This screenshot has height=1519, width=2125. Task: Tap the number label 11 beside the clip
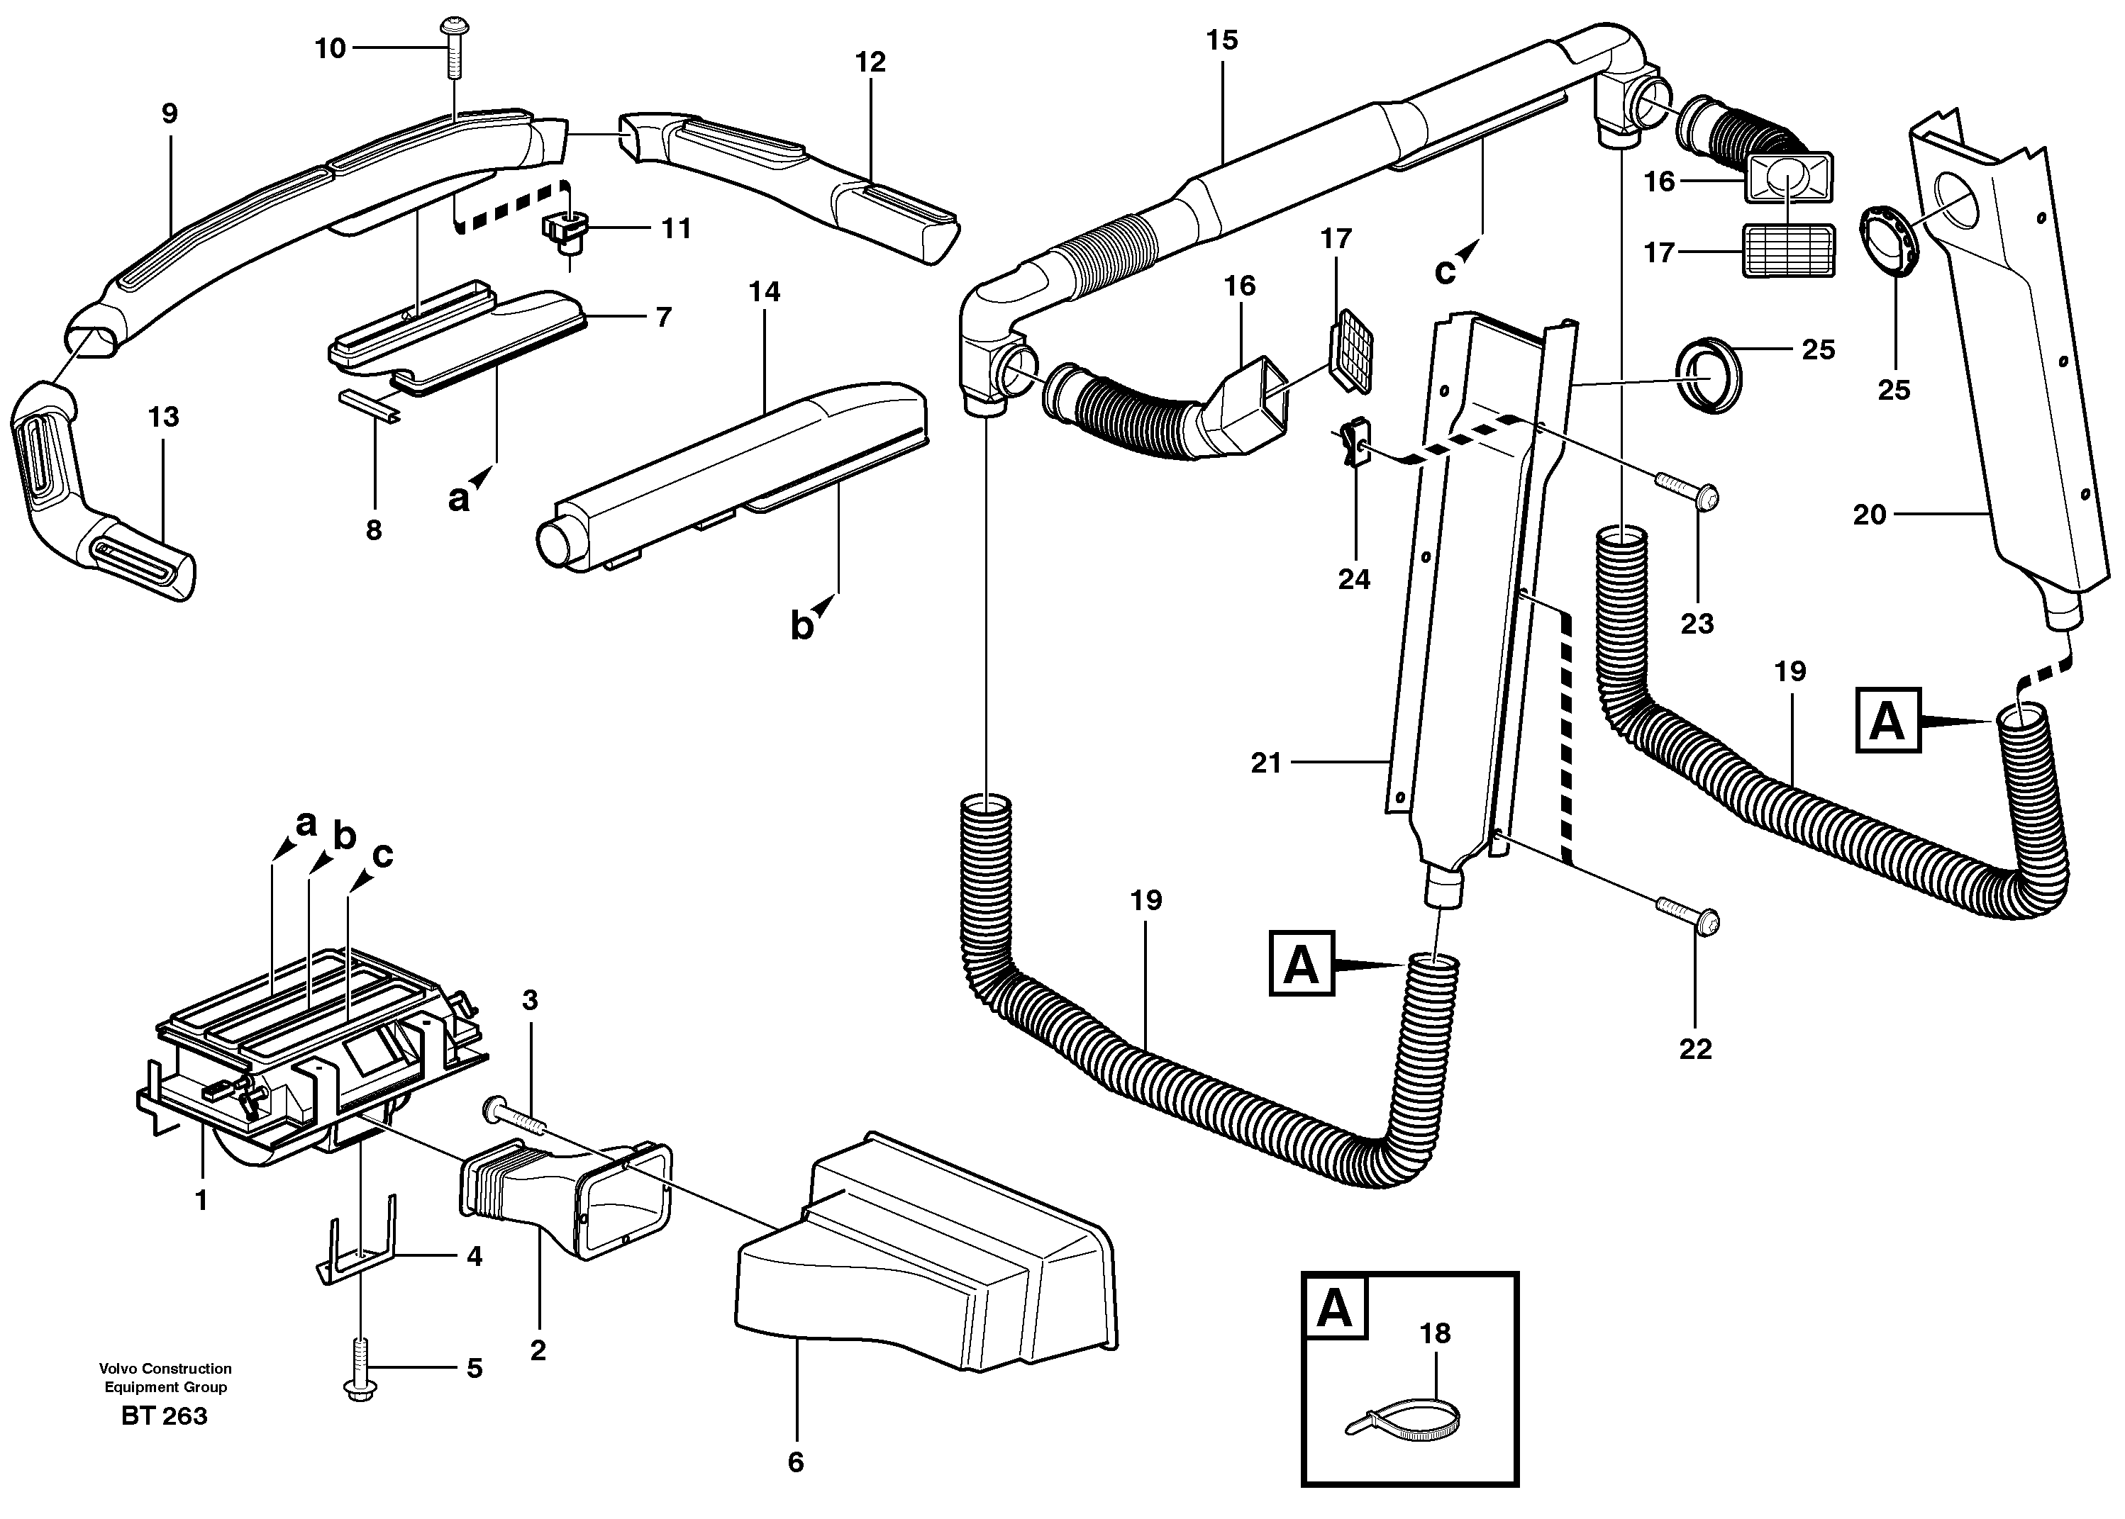(675, 228)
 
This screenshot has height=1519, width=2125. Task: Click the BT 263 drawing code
(165, 1416)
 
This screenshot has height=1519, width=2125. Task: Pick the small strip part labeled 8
(370, 404)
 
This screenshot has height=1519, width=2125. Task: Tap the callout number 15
(1222, 40)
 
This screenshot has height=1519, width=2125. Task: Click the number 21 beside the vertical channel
(1266, 763)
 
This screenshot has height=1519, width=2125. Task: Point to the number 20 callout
(1870, 515)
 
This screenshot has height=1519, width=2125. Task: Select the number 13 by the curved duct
(164, 417)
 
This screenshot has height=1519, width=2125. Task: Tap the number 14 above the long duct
(765, 292)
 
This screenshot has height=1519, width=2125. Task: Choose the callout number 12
(870, 62)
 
